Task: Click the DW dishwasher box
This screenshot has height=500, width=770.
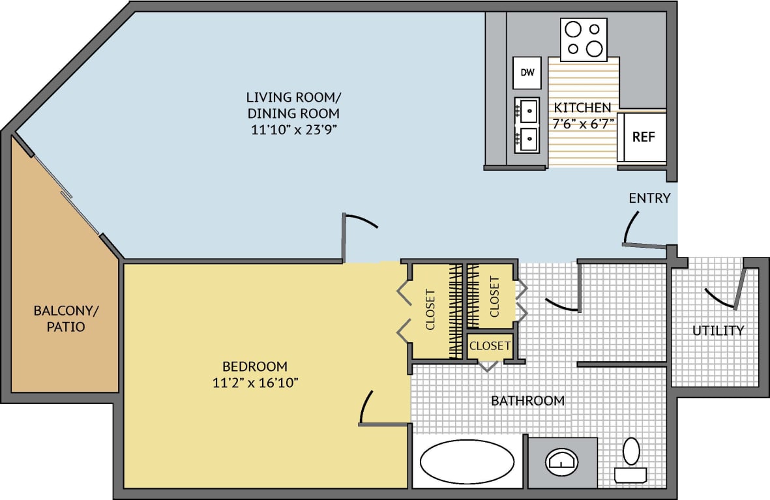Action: point(527,72)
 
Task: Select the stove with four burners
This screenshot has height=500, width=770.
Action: point(584,39)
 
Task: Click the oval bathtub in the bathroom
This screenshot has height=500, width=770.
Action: point(466,462)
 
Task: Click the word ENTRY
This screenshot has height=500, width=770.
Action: point(649,198)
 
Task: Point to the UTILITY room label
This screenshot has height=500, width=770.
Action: point(717,331)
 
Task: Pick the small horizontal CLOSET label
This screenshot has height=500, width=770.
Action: point(490,346)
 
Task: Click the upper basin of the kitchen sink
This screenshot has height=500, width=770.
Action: point(527,110)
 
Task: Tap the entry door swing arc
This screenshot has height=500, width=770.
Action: point(630,225)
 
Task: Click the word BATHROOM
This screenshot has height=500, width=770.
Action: point(527,400)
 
